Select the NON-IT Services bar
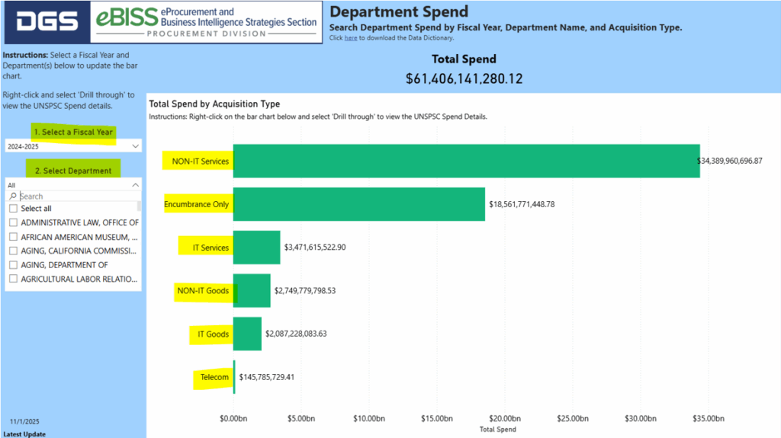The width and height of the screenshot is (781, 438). tap(466, 161)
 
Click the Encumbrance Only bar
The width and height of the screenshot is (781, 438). tap(358, 204)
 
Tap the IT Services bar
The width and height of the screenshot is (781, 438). tap(256, 248)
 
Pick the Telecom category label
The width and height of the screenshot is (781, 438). tap(214, 377)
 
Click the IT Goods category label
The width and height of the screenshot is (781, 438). tap(213, 334)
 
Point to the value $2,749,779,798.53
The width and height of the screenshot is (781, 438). tap(316, 291)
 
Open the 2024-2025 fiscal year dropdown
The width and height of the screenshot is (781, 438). tap(72, 145)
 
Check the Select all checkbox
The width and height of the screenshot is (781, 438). tap(13, 209)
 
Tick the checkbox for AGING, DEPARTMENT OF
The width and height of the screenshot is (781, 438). tap(13, 265)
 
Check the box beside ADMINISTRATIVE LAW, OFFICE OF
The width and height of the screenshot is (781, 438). tap(13, 223)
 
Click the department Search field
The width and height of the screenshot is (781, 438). tap(76, 196)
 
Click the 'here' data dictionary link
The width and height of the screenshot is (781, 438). tap(350, 38)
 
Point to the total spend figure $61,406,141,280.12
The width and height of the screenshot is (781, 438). tap(464, 78)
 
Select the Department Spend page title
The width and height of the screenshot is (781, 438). tap(399, 12)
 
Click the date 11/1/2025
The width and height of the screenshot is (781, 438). tap(25, 421)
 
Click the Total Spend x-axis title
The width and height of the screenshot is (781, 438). tap(497, 430)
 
